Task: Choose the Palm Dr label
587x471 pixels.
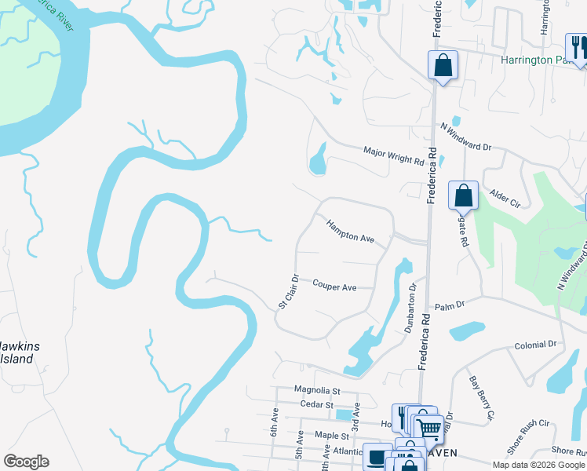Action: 450,305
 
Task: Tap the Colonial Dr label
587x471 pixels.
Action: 535,345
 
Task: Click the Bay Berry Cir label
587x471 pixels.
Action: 481,397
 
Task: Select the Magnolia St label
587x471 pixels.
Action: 316,389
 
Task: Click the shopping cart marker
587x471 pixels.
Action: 428,429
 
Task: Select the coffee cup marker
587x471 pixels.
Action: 377,456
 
